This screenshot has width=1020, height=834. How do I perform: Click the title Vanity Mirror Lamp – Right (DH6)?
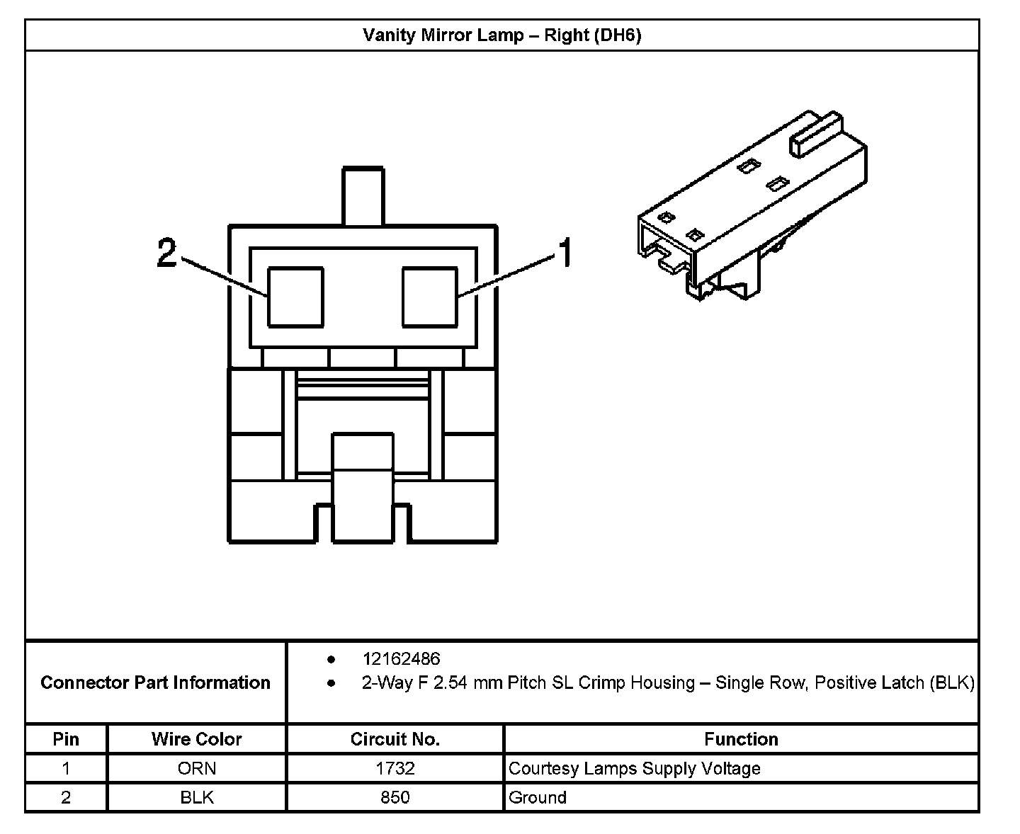(x=501, y=35)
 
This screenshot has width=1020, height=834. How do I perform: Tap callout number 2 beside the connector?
(x=166, y=253)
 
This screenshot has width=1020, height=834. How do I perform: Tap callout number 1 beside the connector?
(x=565, y=253)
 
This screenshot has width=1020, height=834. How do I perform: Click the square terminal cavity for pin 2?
(x=295, y=297)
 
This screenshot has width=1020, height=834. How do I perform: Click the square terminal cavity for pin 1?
(x=429, y=297)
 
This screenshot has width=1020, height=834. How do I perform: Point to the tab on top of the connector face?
(x=363, y=195)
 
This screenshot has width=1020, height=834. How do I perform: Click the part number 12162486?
(x=401, y=659)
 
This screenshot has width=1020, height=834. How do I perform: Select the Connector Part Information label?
(x=155, y=682)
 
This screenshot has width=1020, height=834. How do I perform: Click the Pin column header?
(x=66, y=739)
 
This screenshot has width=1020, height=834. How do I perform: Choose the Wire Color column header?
(x=196, y=739)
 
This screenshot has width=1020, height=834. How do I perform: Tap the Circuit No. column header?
(x=395, y=739)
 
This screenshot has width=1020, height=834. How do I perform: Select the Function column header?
(x=741, y=739)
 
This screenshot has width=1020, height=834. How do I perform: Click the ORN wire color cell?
(x=196, y=768)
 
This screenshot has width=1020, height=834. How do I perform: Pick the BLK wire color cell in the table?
(x=196, y=797)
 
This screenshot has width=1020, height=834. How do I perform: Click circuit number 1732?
(x=395, y=768)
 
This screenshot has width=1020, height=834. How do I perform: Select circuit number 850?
(x=395, y=797)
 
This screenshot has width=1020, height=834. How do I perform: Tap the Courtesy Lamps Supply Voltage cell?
(x=634, y=768)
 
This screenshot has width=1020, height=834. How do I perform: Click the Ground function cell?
(x=538, y=797)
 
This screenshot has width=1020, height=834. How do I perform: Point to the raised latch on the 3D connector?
(x=817, y=134)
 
